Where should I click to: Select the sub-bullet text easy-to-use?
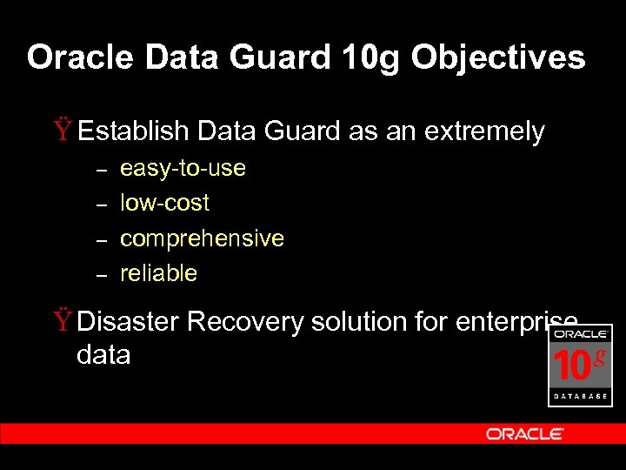[183, 168]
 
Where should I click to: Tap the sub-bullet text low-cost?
[164, 203]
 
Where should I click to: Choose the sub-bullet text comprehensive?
[202, 238]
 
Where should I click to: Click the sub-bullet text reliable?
[158, 273]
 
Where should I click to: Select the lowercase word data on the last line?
[103, 355]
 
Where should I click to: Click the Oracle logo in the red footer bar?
[524, 433]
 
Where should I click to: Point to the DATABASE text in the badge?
[580, 396]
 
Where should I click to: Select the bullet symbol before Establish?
[63, 132]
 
